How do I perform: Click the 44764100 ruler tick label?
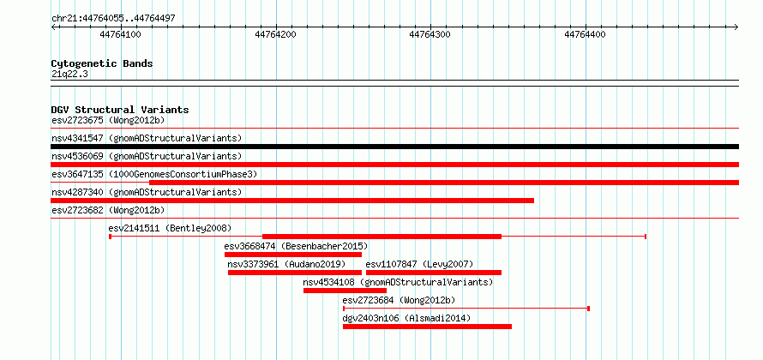point(120,34)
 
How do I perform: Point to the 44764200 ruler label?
point(275,34)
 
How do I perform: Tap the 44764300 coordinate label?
point(430,34)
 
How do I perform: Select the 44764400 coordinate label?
point(585,34)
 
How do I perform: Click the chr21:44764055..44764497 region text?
point(113,19)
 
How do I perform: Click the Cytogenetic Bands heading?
point(102,63)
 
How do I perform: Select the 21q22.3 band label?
point(69,75)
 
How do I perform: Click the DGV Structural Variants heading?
point(120,110)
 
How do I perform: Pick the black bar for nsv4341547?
point(394,147)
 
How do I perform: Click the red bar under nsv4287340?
point(292,201)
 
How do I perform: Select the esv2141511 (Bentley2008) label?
point(170,228)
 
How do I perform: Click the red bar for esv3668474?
point(293,255)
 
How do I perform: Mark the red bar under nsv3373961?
point(295,273)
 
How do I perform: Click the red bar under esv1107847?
point(434,273)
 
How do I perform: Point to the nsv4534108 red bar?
point(345,291)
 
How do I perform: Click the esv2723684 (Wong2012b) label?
point(399,300)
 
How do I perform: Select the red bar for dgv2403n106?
point(427,327)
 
